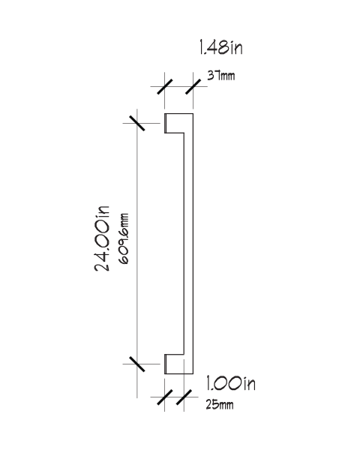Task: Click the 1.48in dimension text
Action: pos(220,47)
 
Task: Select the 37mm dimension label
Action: pos(221,76)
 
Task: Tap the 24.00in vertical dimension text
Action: pos(102,238)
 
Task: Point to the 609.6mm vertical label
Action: pos(124,238)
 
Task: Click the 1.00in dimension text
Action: pos(230,383)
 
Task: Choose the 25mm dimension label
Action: pos(220,405)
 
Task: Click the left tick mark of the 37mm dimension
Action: pos(165,86)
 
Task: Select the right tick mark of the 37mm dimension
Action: pos(193,86)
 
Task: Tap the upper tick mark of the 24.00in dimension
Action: pos(137,123)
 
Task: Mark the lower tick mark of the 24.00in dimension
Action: pos(137,364)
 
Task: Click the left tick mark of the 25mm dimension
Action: pos(165,397)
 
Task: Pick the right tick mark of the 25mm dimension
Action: pos(184,397)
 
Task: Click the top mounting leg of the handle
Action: pos(174,123)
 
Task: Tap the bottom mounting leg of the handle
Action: pos(174,364)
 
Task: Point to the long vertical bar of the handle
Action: pos(188,244)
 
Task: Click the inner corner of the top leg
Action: pos(184,133)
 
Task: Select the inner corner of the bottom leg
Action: pos(184,355)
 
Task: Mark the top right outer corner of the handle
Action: pos(193,114)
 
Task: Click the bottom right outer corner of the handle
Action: pos(193,374)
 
